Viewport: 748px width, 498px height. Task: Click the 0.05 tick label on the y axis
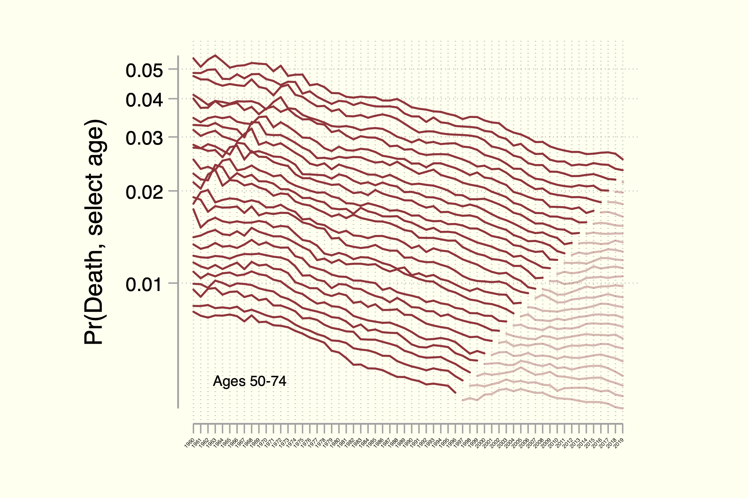[x=144, y=71]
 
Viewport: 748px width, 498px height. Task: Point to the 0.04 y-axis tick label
[x=144, y=100]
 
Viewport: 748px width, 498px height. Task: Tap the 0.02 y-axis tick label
[x=144, y=192]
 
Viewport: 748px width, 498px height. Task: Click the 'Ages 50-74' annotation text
[x=249, y=381]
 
